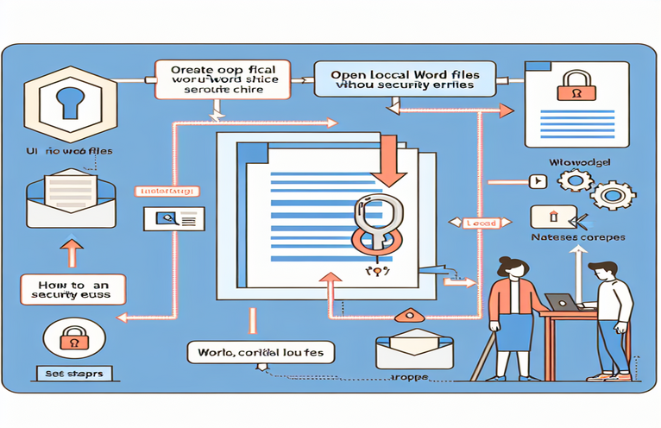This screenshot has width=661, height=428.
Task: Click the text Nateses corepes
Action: click(x=577, y=237)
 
